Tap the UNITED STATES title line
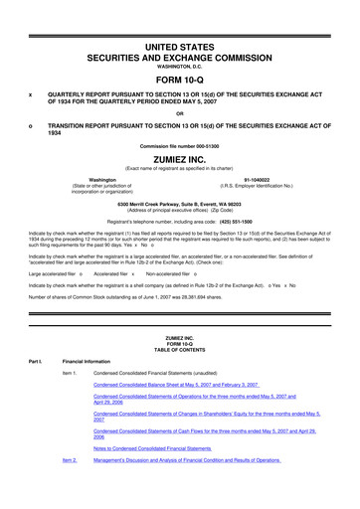pos(179,50)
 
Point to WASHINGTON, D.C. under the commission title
pos(179,69)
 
